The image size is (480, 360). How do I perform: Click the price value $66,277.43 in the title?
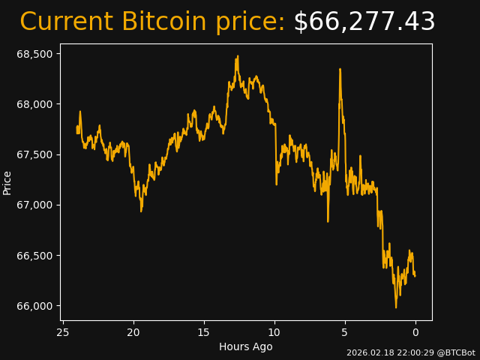click(x=364, y=22)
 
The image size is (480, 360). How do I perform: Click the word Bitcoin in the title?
click(x=163, y=22)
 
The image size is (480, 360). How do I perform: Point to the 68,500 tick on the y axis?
click(x=35, y=54)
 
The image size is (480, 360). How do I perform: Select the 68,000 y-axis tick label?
click(x=35, y=104)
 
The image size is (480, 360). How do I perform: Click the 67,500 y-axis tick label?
click(x=35, y=154)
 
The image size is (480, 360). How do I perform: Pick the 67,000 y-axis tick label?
click(x=35, y=205)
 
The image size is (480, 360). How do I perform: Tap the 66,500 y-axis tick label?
click(x=35, y=256)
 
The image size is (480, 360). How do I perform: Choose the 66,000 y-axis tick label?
click(x=35, y=306)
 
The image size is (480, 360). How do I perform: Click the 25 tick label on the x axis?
click(x=63, y=332)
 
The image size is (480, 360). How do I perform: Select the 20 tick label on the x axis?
click(x=133, y=332)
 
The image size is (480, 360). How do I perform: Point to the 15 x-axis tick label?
click(x=204, y=332)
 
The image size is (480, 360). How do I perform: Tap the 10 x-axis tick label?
click(x=274, y=332)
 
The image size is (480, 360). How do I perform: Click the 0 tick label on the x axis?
click(x=415, y=332)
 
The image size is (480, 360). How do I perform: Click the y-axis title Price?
click(x=7, y=182)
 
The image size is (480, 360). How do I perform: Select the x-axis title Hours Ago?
click(x=245, y=346)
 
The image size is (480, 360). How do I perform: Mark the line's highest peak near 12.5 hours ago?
click(x=237, y=56)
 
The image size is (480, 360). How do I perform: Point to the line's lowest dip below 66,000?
click(x=396, y=307)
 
